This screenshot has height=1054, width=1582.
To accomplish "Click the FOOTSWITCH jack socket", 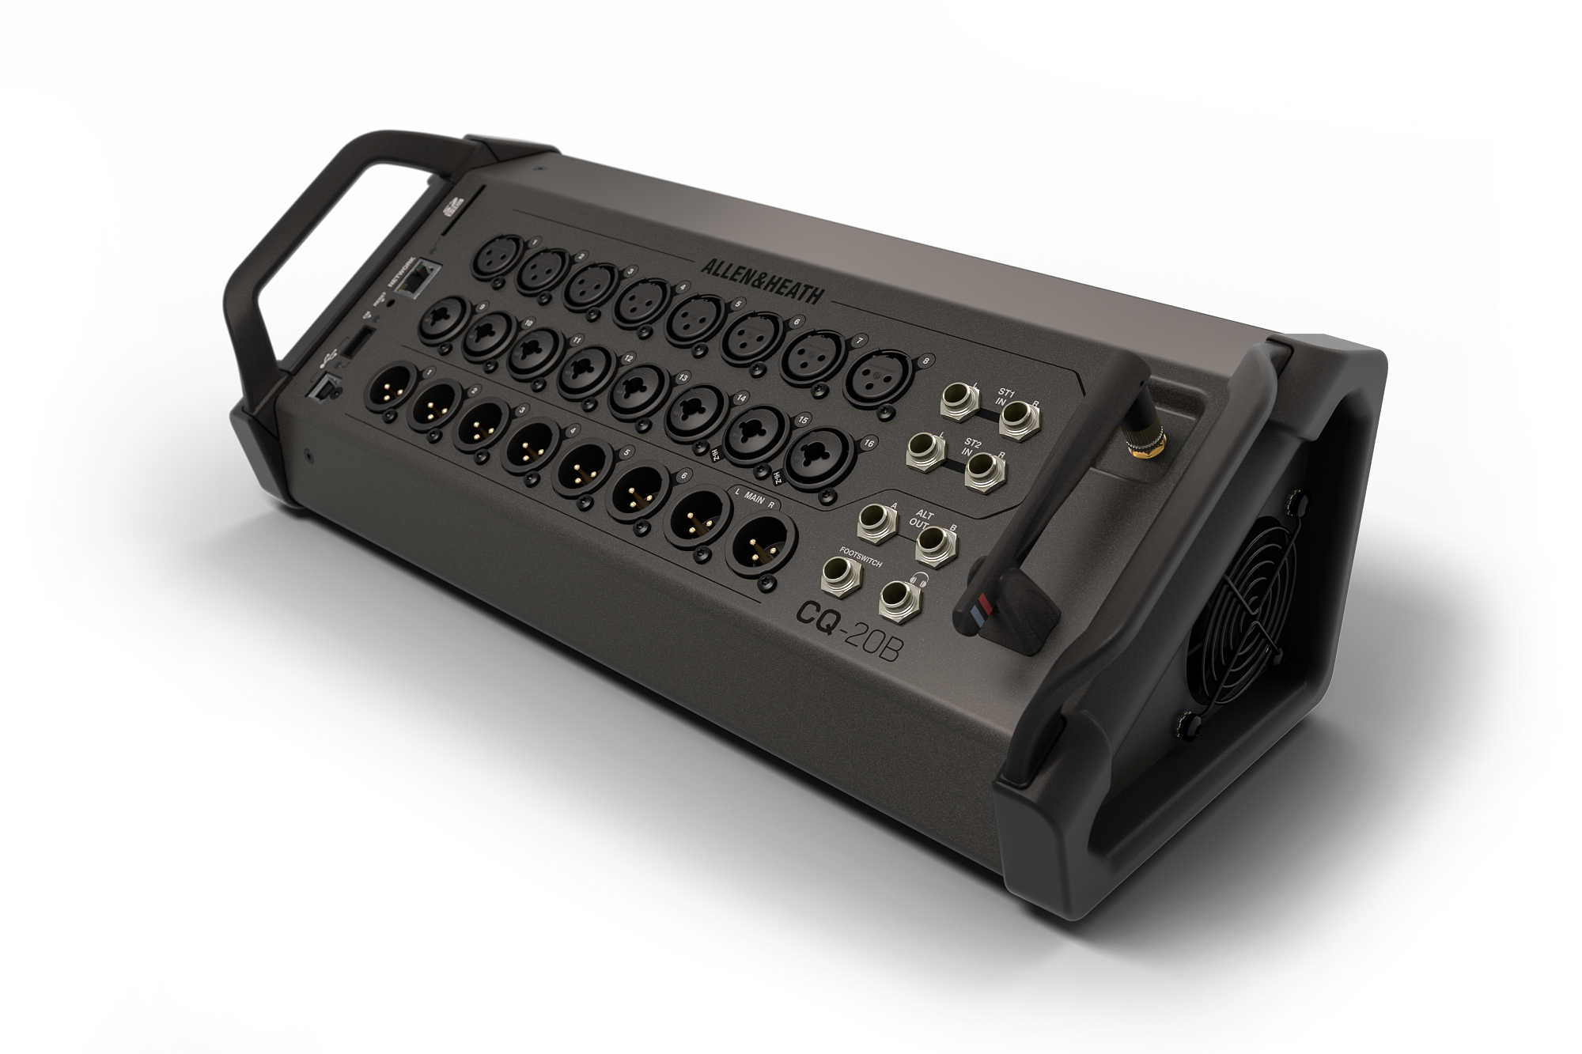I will (x=841, y=575).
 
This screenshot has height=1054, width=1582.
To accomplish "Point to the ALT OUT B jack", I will (x=935, y=544).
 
